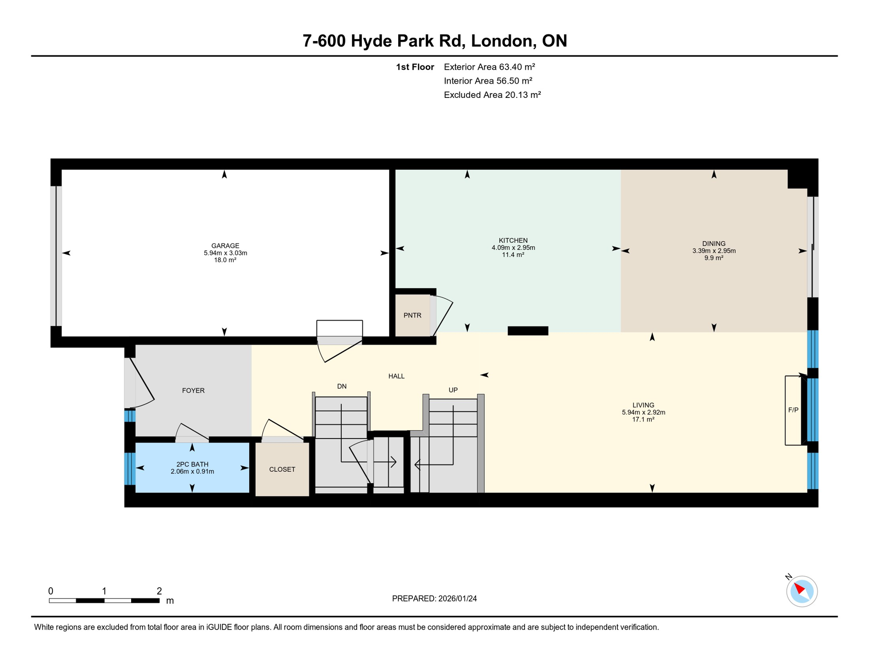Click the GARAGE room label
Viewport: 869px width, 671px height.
tap(225, 246)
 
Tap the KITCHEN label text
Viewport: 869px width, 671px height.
tap(513, 241)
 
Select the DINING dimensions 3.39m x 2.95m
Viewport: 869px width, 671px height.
tap(714, 251)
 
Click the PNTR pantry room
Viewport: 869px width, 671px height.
tap(412, 315)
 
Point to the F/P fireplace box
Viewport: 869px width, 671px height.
tap(793, 410)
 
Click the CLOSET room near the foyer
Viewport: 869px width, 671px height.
tap(282, 470)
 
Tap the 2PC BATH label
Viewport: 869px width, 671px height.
tap(192, 464)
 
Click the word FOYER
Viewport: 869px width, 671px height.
tap(193, 391)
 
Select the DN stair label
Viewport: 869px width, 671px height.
tap(342, 386)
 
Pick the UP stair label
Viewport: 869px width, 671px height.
tap(453, 390)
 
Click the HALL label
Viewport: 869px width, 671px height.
tap(396, 376)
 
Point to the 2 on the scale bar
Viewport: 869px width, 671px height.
tap(159, 591)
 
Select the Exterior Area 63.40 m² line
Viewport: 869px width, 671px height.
tap(489, 67)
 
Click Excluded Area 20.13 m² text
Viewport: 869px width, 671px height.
tap(492, 95)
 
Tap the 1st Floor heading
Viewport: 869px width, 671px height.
tap(414, 67)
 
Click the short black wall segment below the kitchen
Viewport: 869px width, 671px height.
tap(528, 331)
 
